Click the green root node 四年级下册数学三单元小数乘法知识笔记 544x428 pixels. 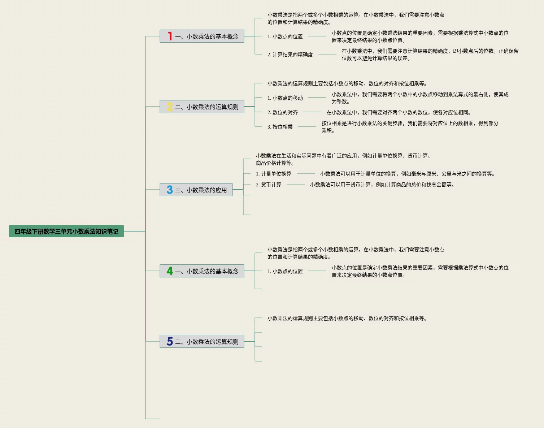[66, 231]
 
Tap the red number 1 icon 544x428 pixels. [170, 36]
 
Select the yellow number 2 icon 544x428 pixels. [170, 107]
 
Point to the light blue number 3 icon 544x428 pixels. [170, 190]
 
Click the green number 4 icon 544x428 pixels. [170, 271]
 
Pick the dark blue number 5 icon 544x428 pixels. [170, 341]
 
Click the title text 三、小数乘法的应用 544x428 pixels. [201, 190]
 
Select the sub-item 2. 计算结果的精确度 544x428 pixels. [290, 55]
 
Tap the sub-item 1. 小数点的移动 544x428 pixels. [285, 98]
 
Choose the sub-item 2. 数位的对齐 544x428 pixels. [282, 112]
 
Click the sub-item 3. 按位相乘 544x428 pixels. [280, 127]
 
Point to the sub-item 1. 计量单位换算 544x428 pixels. [273, 174]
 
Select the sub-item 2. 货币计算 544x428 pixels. [268, 185]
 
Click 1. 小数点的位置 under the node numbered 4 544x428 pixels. [285, 271]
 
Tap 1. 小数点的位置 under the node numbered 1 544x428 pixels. [285, 36]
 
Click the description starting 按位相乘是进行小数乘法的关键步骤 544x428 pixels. [410, 127]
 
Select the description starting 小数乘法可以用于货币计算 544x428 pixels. [382, 185]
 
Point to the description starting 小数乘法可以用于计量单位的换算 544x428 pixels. [407, 174]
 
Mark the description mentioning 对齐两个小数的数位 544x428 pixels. [399, 112]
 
